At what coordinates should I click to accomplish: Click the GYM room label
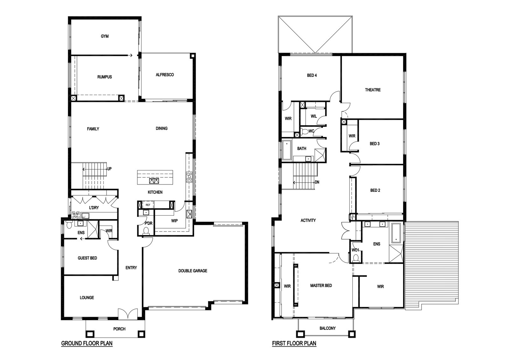[x=105, y=36]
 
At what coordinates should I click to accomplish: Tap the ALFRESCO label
[x=165, y=75]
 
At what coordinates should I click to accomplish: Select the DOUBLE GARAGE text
[x=193, y=271]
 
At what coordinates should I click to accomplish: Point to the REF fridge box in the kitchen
[x=148, y=205]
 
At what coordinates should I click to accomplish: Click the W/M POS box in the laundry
[x=76, y=215]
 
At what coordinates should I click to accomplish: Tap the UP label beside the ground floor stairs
[x=109, y=169]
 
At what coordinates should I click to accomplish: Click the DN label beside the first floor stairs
[x=317, y=182]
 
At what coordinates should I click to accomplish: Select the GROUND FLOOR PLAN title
[x=87, y=343]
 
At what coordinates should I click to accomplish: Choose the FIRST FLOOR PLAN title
[x=294, y=343]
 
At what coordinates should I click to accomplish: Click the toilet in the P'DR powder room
[x=146, y=231]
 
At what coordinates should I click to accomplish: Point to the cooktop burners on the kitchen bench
[x=189, y=177]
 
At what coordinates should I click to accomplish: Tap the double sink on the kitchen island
[x=154, y=181]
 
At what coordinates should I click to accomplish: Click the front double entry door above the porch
[x=128, y=314]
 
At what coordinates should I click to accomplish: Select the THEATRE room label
[x=373, y=90]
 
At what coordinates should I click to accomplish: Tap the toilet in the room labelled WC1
[x=356, y=258]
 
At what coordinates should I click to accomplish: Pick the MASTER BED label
[x=321, y=286]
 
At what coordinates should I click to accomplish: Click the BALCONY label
[x=327, y=328]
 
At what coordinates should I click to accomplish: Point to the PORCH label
[x=119, y=329]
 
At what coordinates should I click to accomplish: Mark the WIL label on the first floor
[x=314, y=116]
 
